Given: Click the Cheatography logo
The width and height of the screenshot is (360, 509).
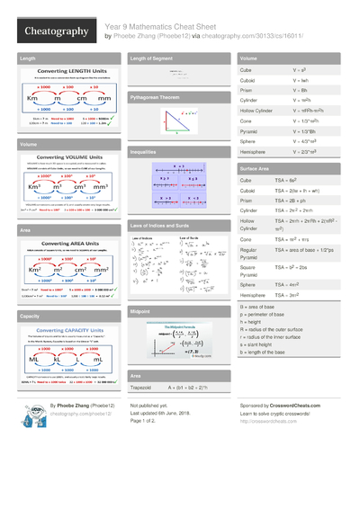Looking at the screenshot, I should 56,32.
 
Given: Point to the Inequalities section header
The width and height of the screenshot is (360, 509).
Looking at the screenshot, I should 144,153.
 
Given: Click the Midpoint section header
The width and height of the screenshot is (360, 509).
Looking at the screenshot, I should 140,310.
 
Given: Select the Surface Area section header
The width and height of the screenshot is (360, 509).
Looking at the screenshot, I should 256,169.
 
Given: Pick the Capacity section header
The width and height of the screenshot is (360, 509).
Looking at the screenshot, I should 30,317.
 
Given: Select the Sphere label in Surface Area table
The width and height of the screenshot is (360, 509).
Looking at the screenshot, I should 249,283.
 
